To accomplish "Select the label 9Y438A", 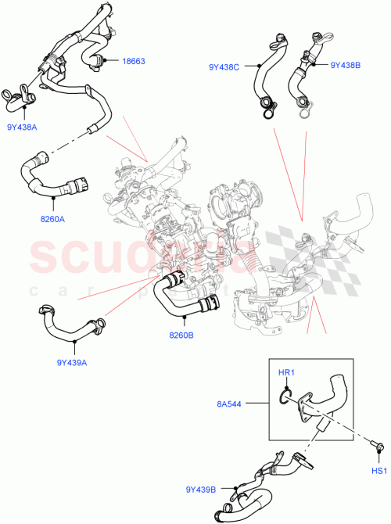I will [x=23, y=126].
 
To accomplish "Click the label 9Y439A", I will [x=71, y=362].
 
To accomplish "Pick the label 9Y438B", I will [x=345, y=66].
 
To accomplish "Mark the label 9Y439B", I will [x=201, y=490].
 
